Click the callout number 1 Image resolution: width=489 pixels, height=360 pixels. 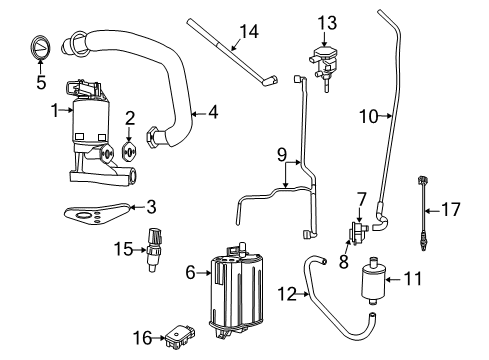[x=56, y=113]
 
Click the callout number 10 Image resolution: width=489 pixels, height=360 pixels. [x=368, y=116]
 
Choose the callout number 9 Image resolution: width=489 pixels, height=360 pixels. [x=283, y=155]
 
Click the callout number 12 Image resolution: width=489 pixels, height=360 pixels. [x=287, y=294]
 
